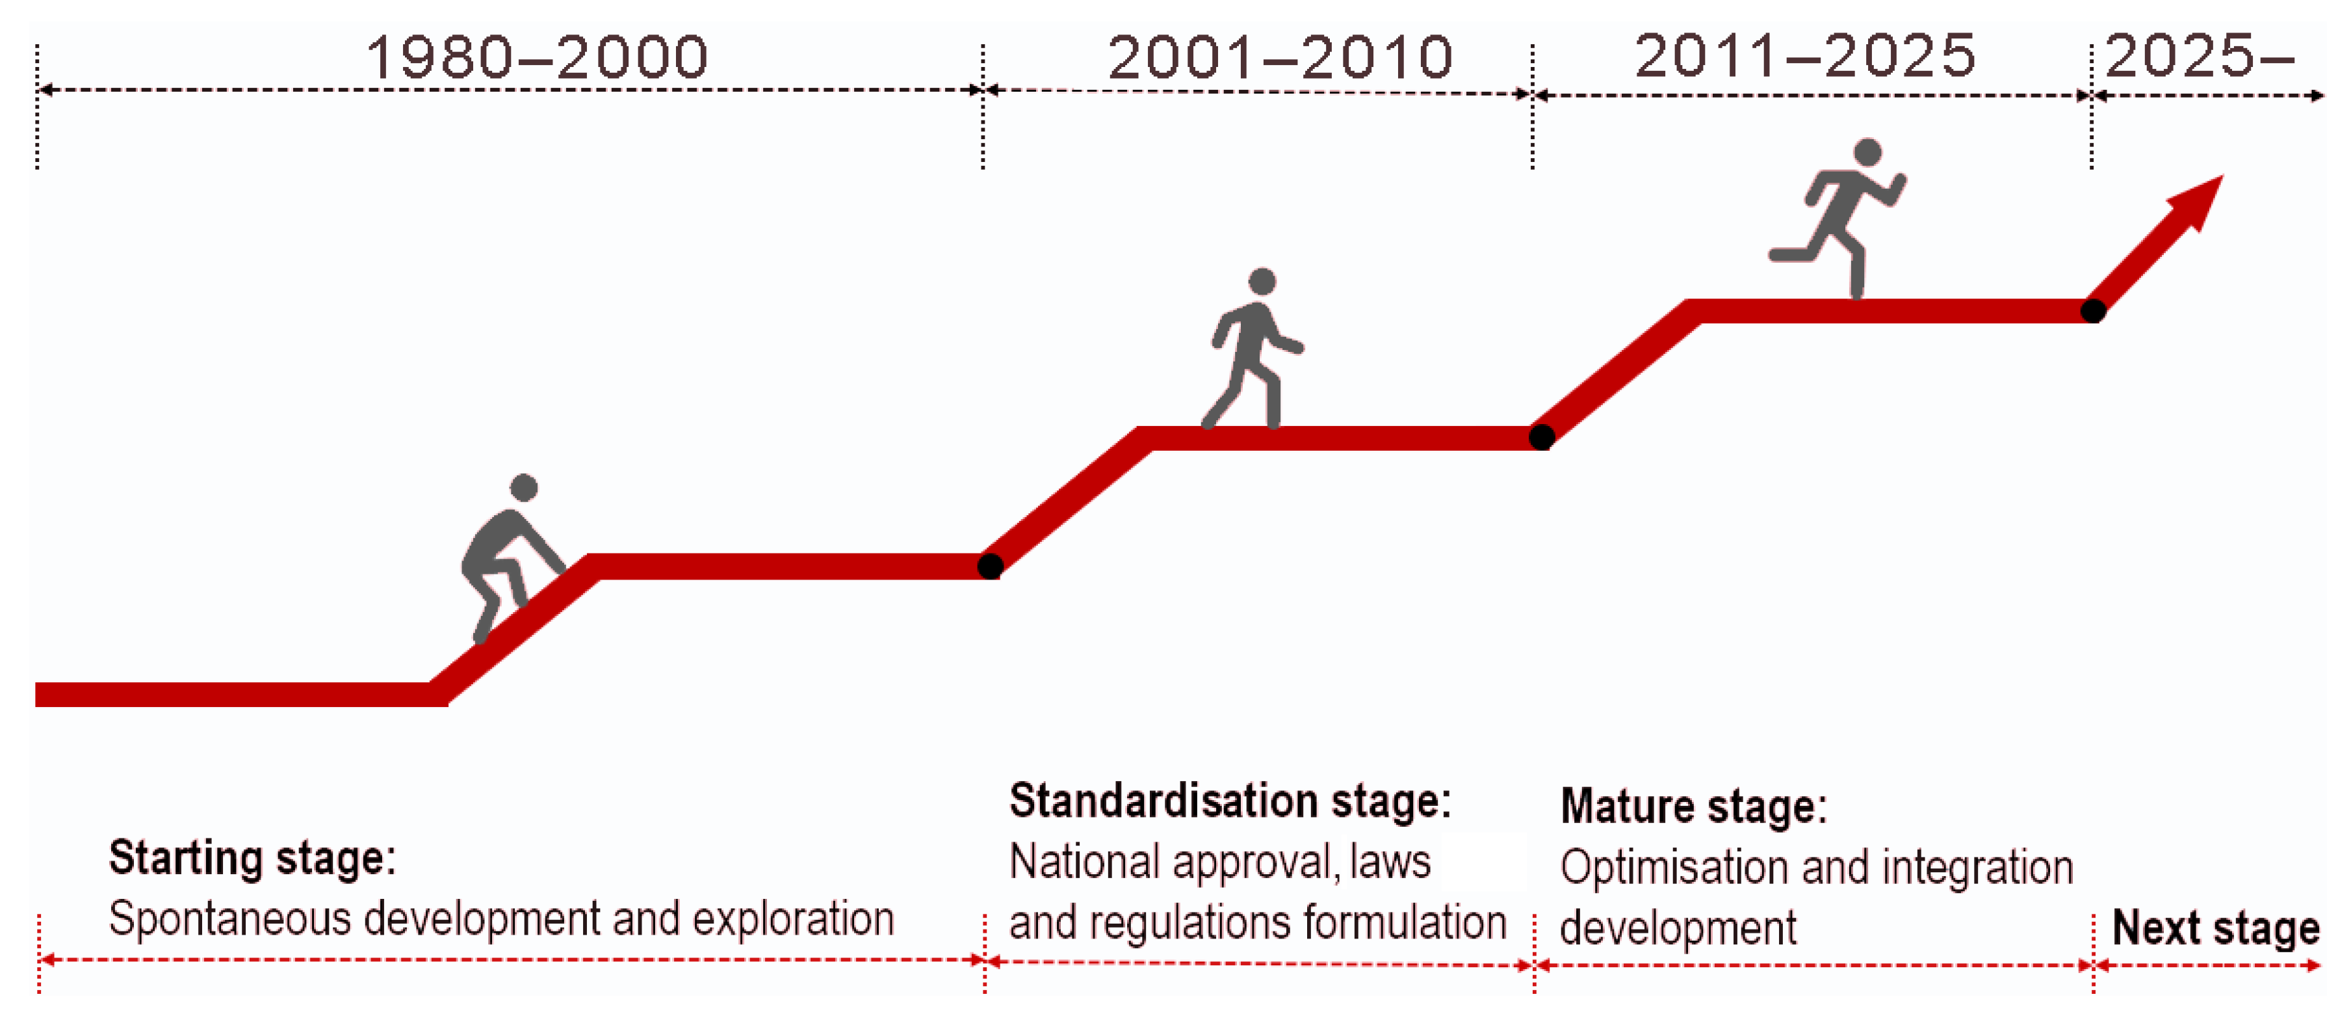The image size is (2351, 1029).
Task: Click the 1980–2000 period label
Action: [x=537, y=57]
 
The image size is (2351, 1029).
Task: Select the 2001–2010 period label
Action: [x=1280, y=57]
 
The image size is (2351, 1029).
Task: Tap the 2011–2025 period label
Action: [x=1804, y=56]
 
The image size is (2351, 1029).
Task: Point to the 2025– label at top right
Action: [x=2200, y=56]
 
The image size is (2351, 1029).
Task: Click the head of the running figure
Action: [x=1867, y=152]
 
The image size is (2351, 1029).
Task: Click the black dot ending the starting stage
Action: [x=990, y=566]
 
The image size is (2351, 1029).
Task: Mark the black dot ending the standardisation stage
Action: [x=1542, y=437]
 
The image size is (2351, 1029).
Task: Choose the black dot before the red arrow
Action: [x=2093, y=310]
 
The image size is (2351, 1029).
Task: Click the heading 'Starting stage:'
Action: [x=253, y=859]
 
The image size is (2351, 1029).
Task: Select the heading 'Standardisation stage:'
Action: [x=1229, y=801]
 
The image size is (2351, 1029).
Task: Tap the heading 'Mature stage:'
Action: [x=1693, y=806]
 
